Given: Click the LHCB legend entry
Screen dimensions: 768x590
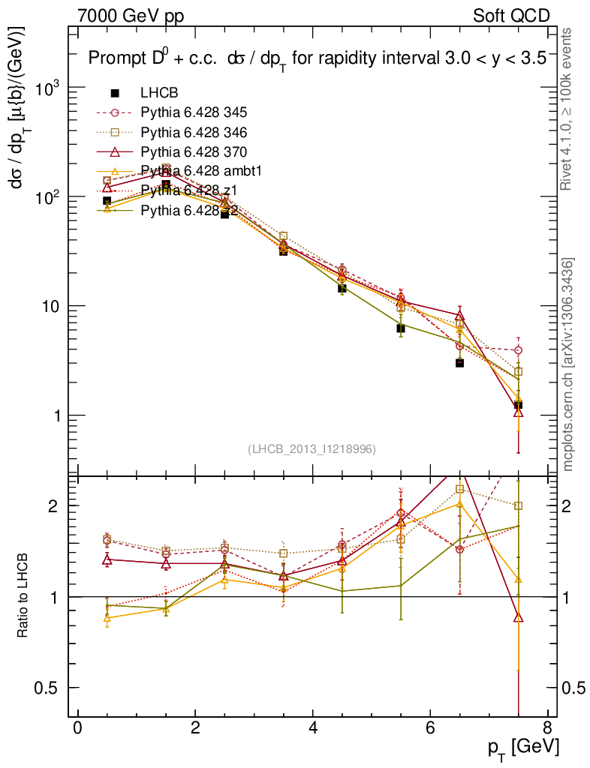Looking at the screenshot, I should [159, 94].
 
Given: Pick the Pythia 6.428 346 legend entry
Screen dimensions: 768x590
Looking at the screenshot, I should [194, 133].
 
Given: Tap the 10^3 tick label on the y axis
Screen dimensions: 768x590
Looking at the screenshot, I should [49, 88].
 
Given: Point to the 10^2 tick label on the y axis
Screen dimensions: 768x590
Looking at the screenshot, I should [49, 197].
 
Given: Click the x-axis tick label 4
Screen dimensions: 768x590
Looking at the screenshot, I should [312, 727].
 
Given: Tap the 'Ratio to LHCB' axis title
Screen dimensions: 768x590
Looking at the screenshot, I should [23, 596].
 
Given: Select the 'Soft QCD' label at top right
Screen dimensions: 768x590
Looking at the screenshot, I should [511, 16].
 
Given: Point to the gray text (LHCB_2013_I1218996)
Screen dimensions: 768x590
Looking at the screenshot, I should [312, 449].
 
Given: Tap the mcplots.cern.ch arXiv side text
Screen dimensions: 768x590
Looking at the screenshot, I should [568, 364].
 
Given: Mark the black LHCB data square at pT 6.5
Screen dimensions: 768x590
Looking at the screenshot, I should [459, 363].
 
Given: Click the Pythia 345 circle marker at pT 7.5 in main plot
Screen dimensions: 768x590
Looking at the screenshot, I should [518, 350].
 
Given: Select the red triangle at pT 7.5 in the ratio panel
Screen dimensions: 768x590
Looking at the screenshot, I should [518, 617].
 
